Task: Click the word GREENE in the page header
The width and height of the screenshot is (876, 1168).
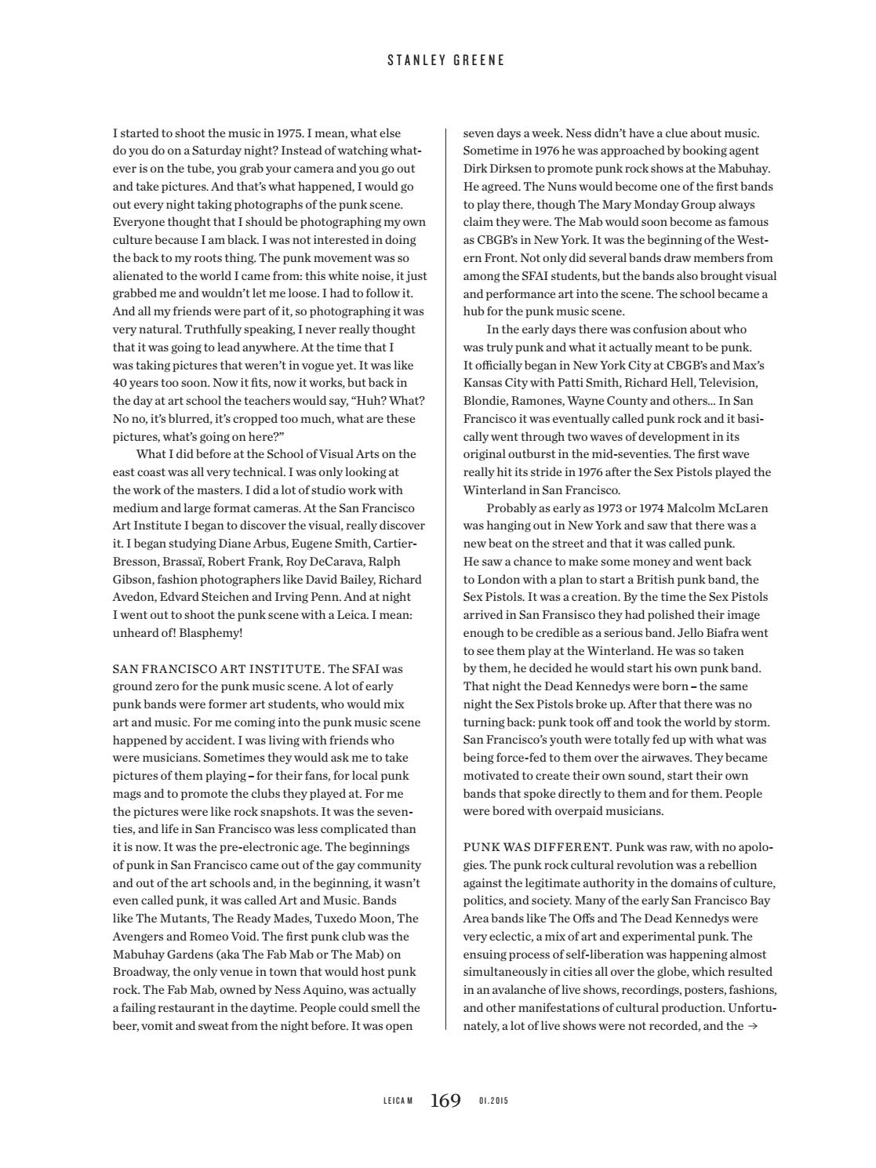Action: coord(478,60)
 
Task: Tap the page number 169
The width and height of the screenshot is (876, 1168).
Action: coord(445,1101)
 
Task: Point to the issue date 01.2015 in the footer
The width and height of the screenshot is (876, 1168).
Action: coord(493,1101)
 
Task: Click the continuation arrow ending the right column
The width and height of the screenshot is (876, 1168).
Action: coord(753,1025)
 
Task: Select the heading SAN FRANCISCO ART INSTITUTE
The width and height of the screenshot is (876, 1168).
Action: coord(218,669)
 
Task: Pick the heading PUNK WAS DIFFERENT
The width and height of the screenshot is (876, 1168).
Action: coord(537,847)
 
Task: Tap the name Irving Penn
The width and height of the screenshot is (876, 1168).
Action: coord(291,597)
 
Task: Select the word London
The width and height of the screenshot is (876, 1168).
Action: coord(502,580)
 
